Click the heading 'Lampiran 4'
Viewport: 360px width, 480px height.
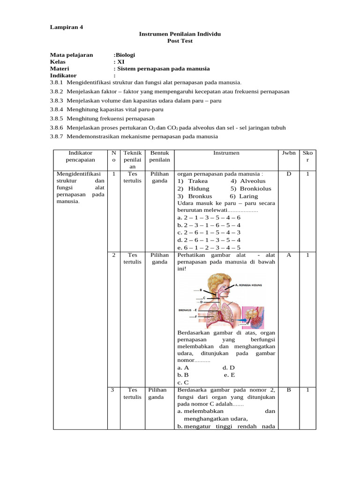66,27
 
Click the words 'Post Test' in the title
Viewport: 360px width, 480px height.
180,41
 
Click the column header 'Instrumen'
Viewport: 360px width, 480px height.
226,153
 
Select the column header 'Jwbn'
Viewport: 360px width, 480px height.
288,153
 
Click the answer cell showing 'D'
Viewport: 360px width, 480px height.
288,174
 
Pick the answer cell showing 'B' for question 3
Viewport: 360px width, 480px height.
288,390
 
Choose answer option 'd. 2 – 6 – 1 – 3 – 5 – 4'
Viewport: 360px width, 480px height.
209,240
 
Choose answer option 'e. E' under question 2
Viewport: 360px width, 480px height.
229,375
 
